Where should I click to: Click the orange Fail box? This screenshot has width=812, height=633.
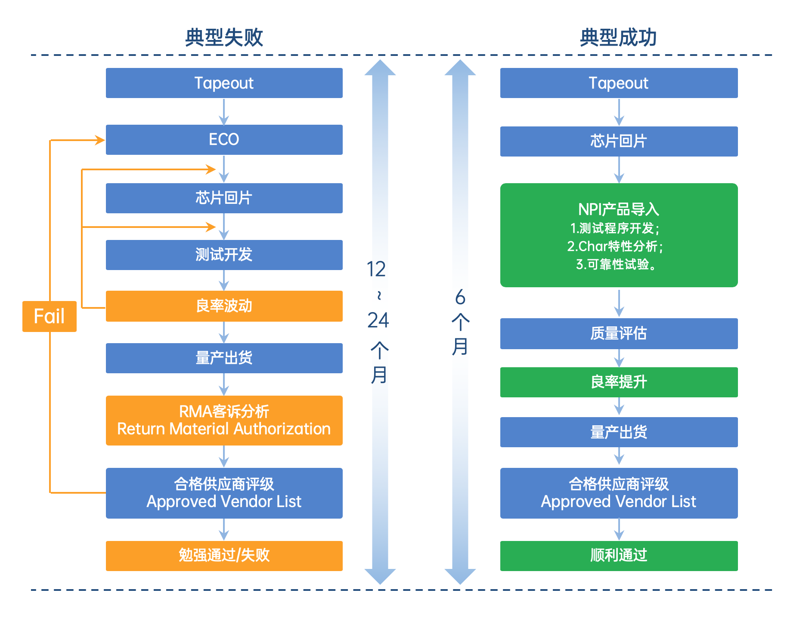point(50,316)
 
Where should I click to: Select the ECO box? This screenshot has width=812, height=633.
point(224,140)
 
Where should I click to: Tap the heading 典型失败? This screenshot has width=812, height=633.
point(224,37)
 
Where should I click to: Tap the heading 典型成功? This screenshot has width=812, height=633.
point(618,37)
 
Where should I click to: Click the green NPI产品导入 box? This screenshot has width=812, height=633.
point(619,235)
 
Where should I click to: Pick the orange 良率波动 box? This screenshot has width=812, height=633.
point(224,306)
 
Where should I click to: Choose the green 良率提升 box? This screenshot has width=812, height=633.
point(619,382)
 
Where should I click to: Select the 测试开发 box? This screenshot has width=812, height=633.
point(224,255)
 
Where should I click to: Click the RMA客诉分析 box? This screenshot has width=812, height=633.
point(224,421)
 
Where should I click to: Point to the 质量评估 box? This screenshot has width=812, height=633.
point(619,334)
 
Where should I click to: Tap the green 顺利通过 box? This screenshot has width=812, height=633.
point(619,556)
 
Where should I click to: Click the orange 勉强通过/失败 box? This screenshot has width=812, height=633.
point(224,556)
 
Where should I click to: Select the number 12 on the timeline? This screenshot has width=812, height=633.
point(376,269)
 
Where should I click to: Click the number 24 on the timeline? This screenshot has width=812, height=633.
point(378,320)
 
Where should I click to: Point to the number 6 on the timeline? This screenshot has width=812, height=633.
point(460,297)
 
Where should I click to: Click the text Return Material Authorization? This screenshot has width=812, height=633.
point(224,429)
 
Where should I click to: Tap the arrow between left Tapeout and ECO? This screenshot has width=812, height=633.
point(224,112)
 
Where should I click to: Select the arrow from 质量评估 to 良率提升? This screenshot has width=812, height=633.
point(619,358)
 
